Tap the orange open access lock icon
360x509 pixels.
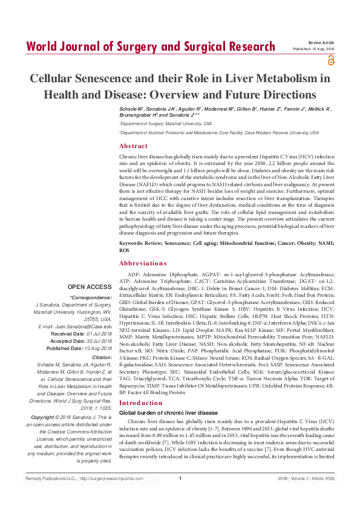click(x=331, y=60)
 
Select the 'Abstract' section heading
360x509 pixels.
click(x=133, y=146)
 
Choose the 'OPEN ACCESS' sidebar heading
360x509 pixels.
click(x=90, y=287)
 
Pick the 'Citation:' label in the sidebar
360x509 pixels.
click(x=101, y=358)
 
